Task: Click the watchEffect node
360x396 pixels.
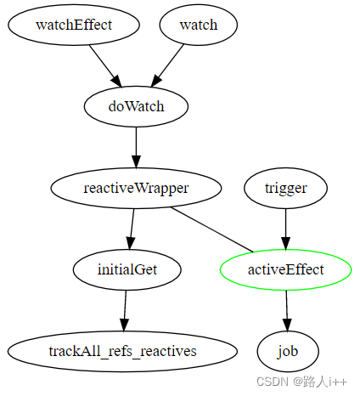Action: click(x=74, y=25)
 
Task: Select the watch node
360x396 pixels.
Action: click(x=199, y=25)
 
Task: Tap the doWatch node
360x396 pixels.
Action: click(x=136, y=106)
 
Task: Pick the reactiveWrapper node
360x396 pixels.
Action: click(x=136, y=188)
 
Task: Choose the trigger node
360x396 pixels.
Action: click(x=286, y=188)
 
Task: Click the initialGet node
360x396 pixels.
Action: click(x=127, y=269)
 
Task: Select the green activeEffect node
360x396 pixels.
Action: click(x=286, y=269)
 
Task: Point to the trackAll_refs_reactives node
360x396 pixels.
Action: click(x=122, y=351)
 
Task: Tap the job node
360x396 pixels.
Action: click(x=288, y=351)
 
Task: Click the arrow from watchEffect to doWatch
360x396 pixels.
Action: click(x=105, y=66)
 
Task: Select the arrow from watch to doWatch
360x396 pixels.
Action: click(x=167, y=65)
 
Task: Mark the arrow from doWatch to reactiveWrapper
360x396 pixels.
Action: click(x=136, y=148)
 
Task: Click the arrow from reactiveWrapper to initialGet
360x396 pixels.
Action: click(x=132, y=229)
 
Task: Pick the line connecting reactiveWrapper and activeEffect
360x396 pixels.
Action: click(x=212, y=229)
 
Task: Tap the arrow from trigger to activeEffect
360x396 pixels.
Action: click(x=286, y=229)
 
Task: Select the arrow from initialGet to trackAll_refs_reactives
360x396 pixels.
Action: click(x=125, y=311)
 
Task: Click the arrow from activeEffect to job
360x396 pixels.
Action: click(x=287, y=311)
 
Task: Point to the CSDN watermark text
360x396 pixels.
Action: click(x=301, y=382)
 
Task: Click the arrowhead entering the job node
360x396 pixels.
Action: click(x=287, y=325)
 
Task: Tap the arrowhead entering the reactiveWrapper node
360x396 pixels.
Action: click(x=136, y=161)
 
